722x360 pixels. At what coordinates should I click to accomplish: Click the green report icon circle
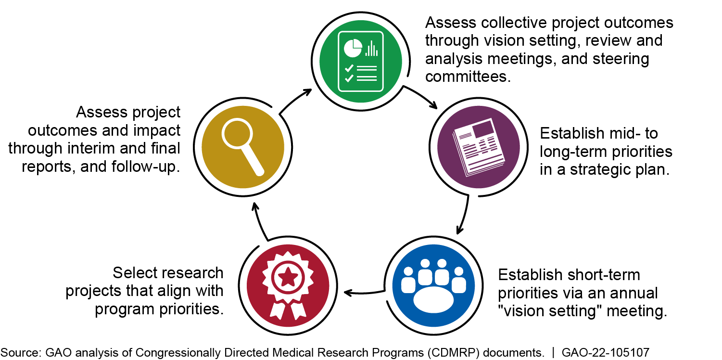[x=361, y=61]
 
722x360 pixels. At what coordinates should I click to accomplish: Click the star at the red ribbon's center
[x=288, y=277]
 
